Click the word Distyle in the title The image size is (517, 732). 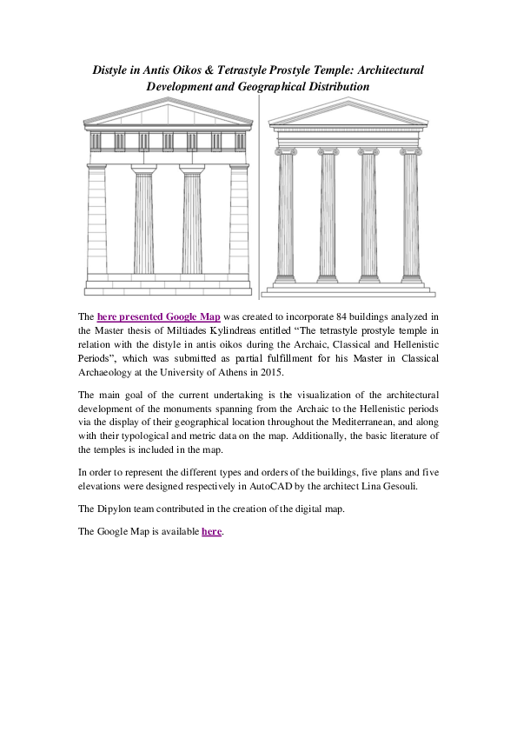click(114, 69)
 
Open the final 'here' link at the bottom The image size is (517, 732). click(211, 531)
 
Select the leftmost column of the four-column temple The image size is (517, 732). click(285, 217)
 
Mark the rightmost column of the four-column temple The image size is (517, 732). click(410, 217)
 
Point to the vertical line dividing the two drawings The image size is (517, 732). click(260, 200)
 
